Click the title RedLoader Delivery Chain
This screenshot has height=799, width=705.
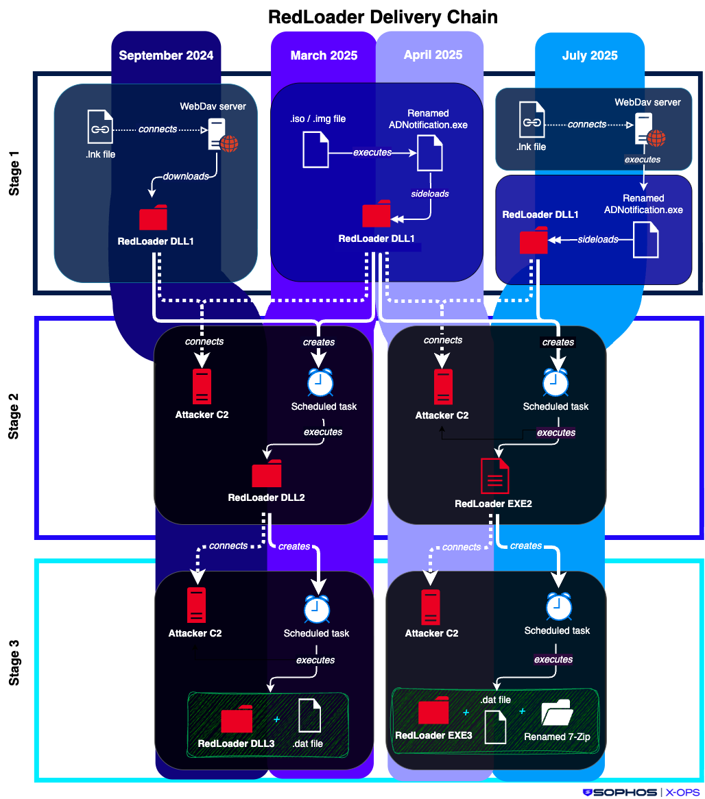point(383,16)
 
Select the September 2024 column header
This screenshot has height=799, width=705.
point(166,56)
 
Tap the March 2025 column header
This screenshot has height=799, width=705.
point(324,56)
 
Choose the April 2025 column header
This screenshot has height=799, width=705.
point(433,55)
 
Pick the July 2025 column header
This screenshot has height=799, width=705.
point(590,56)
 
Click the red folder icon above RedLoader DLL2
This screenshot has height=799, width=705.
point(266,474)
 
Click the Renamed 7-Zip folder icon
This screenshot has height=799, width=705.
point(556,714)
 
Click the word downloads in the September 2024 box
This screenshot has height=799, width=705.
point(186,176)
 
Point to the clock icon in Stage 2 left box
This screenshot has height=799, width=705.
point(319,383)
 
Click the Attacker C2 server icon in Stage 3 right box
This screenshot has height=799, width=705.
point(431,606)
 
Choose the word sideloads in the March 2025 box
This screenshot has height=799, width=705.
point(429,194)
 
